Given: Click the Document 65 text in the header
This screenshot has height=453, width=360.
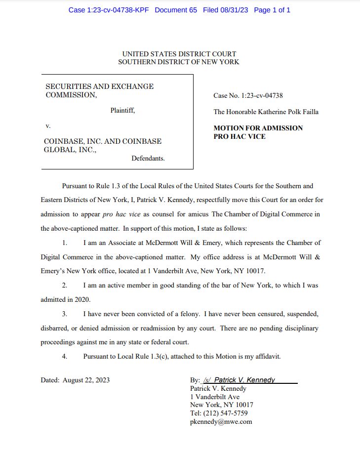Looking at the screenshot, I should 176,10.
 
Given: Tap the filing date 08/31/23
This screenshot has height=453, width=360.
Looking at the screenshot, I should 232,10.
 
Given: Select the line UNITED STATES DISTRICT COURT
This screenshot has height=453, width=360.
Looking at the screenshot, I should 179,54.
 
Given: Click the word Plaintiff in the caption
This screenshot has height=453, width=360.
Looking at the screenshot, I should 122,111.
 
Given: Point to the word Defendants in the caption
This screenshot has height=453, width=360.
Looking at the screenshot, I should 148,159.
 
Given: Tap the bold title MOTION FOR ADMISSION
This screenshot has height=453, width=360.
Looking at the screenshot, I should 258,128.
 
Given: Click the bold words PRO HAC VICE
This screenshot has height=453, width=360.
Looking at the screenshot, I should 239,136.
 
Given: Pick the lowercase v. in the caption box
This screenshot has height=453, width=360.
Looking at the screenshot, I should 48,126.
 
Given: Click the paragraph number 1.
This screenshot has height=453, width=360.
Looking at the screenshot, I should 65,243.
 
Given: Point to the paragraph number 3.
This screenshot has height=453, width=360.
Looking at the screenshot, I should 65,314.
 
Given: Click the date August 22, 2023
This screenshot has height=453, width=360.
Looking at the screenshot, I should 86,380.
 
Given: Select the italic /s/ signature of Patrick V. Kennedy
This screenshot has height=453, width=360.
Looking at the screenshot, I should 239,380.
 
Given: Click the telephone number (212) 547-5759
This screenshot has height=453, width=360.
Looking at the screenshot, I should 226,413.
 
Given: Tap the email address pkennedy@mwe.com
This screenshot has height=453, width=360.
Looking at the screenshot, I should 221,421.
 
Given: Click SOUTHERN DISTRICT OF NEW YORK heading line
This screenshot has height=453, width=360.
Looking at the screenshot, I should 179,62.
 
